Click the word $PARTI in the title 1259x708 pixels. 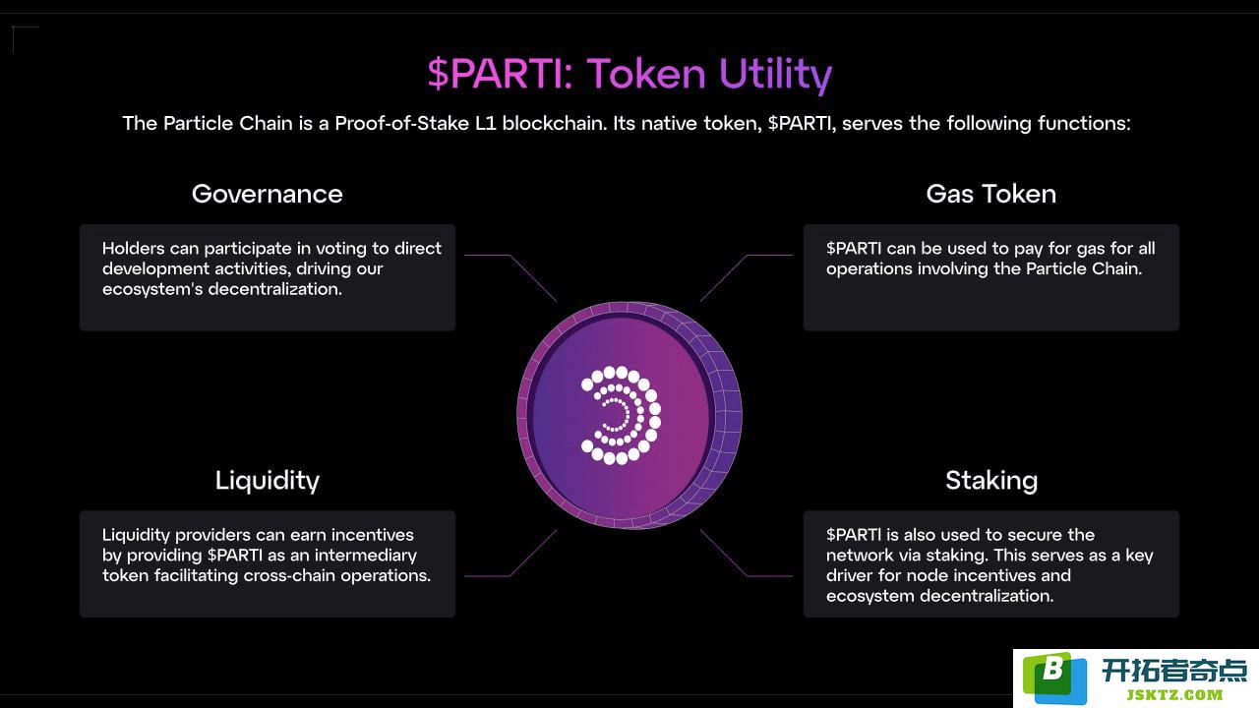click(x=500, y=74)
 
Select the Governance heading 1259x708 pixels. click(x=267, y=195)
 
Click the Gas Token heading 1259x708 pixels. click(x=990, y=195)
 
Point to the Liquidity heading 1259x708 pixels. click(x=267, y=482)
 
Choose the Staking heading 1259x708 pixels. click(x=991, y=482)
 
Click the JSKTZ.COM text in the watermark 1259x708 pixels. click(x=1174, y=695)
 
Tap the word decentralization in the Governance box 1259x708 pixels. click(x=274, y=289)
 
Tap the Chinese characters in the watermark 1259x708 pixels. click(x=1174, y=671)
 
